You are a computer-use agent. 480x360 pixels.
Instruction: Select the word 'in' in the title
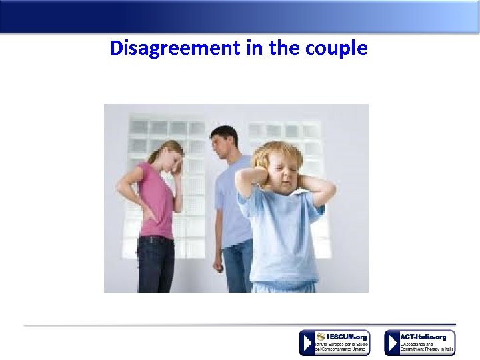(x=253, y=49)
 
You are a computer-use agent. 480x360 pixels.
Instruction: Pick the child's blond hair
(x=277, y=153)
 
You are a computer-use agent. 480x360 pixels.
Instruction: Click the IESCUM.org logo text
(x=346, y=337)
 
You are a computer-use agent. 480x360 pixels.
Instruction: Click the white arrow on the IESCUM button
(x=307, y=343)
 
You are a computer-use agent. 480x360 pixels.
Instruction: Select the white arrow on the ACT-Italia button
(x=392, y=343)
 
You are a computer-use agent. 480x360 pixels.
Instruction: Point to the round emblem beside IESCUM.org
(x=321, y=337)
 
